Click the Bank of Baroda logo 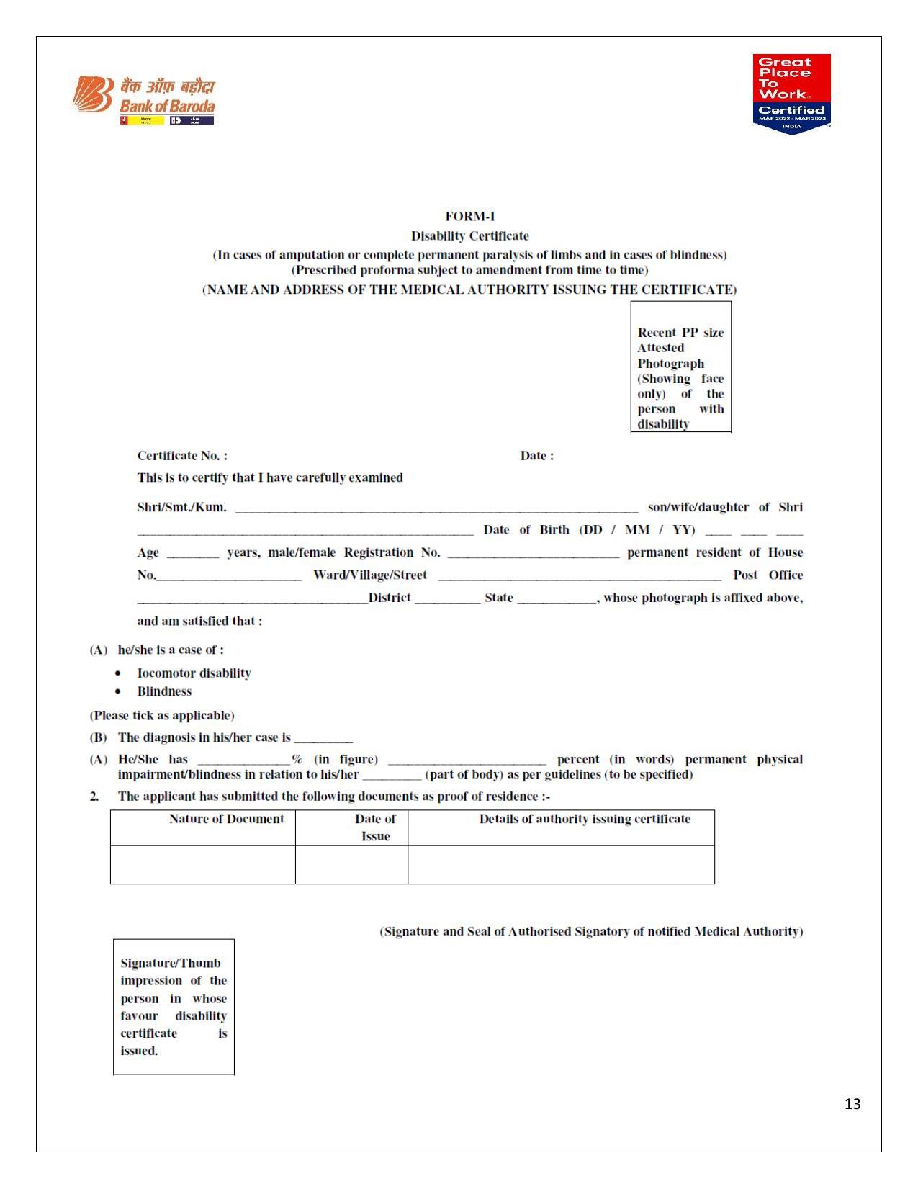pyautogui.click(x=144, y=100)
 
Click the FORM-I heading pyautogui.click(x=469, y=216)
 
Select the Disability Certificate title pyautogui.click(x=469, y=235)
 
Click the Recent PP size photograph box pyautogui.click(x=680, y=367)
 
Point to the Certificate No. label pyautogui.click(x=182, y=456)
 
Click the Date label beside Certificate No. pyautogui.click(x=536, y=456)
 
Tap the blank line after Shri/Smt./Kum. pyautogui.click(x=436, y=508)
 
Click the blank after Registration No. pyautogui.click(x=533, y=554)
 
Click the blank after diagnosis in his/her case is pyautogui.click(x=323, y=739)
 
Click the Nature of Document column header pyautogui.click(x=226, y=819)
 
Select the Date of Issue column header pyautogui.click(x=375, y=827)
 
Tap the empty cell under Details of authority pyautogui.click(x=561, y=864)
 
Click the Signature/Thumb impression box pyautogui.click(x=174, y=1006)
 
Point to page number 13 pyautogui.click(x=852, y=1104)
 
